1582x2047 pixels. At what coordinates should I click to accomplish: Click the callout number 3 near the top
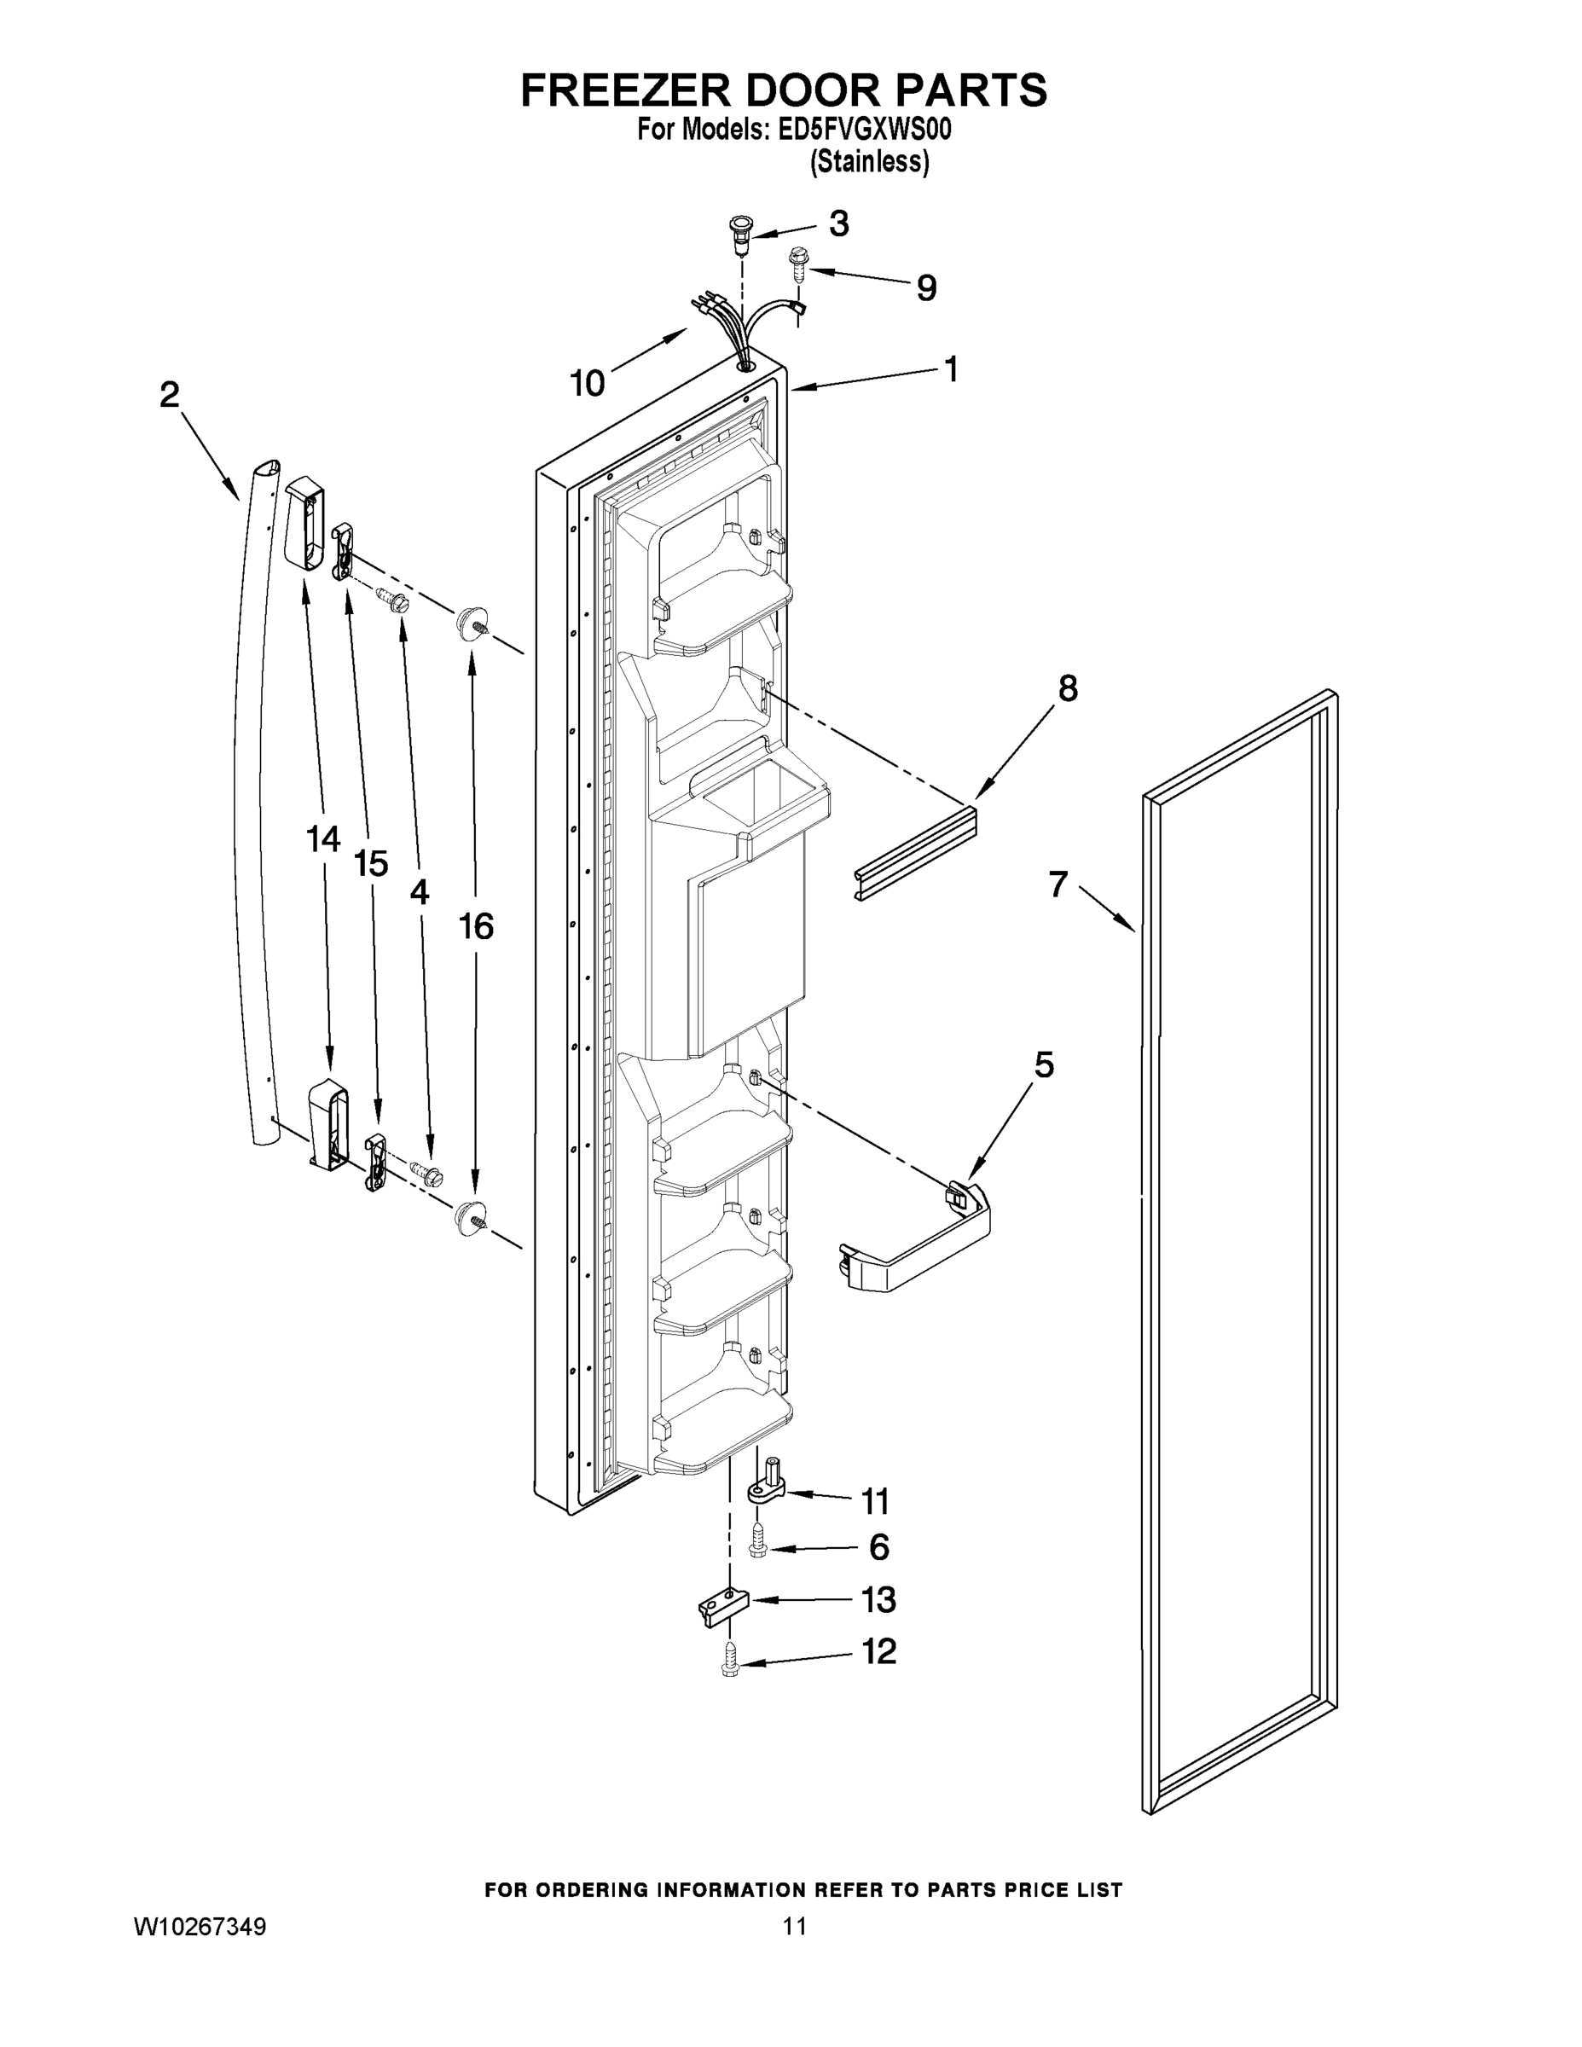click(839, 224)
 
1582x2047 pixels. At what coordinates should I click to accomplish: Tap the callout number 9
click(926, 287)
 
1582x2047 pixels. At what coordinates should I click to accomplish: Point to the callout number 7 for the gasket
click(1058, 884)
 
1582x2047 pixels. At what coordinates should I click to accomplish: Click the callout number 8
click(1068, 689)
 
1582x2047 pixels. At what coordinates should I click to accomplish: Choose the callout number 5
click(1043, 1064)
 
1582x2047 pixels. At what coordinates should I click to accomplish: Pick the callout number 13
click(878, 1600)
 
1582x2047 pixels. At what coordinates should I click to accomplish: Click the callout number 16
click(476, 927)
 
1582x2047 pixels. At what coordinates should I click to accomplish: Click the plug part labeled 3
click(740, 233)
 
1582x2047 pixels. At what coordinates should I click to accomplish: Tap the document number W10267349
click(200, 1927)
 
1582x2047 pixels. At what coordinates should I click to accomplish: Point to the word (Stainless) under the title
click(869, 162)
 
